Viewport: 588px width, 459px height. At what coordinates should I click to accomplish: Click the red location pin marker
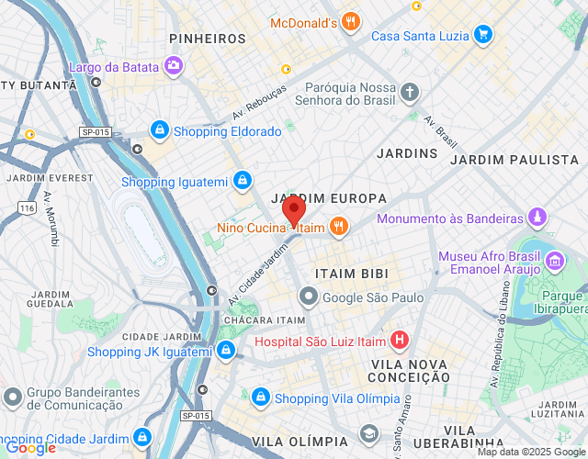293,211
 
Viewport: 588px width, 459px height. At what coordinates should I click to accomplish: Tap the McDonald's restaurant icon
349,21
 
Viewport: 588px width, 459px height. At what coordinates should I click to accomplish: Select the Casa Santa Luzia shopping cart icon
482,36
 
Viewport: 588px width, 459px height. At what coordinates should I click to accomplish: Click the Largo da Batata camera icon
172,65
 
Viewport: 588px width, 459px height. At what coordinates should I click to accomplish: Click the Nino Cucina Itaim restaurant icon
339,226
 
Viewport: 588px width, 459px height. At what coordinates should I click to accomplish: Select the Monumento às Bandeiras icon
537,218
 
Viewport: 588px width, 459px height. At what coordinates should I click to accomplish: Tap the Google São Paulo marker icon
308,297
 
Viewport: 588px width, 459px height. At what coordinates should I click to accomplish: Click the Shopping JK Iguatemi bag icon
226,351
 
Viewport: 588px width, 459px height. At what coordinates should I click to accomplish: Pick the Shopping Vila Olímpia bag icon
261,397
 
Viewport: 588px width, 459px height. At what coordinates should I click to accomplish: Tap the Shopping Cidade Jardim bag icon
142,437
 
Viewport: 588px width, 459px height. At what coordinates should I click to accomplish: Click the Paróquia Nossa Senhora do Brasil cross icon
410,92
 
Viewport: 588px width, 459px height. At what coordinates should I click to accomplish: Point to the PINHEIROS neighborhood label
208,39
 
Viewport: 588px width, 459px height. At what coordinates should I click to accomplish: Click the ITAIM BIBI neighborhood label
351,274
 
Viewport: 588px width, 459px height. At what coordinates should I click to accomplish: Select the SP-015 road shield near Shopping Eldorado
95,132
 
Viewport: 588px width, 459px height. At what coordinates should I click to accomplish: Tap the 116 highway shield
28,209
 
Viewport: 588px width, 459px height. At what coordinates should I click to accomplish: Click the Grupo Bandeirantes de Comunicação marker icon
12,397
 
